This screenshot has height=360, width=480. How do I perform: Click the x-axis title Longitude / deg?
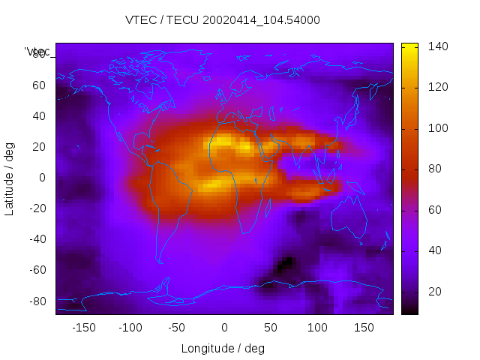(223, 348)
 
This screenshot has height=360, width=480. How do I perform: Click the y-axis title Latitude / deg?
(10, 178)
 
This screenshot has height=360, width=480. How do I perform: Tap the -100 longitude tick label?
(130, 328)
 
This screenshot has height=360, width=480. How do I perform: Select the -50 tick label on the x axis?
(178, 328)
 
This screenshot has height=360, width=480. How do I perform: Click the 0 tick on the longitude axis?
(224, 328)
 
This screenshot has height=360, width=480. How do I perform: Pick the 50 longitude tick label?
(271, 328)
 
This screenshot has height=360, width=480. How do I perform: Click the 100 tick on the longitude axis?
(317, 328)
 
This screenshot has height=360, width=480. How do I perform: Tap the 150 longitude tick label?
(364, 328)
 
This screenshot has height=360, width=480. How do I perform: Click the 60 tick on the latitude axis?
(39, 85)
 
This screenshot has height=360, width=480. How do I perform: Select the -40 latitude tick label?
(37, 239)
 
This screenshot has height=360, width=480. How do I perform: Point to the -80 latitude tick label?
(37, 301)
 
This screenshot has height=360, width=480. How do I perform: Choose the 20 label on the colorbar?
(434, 291)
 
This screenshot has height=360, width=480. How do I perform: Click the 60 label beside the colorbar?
(434, 209)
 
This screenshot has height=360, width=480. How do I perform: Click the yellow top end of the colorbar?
(409, 46)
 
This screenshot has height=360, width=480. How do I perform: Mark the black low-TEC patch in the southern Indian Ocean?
(285, 264)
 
